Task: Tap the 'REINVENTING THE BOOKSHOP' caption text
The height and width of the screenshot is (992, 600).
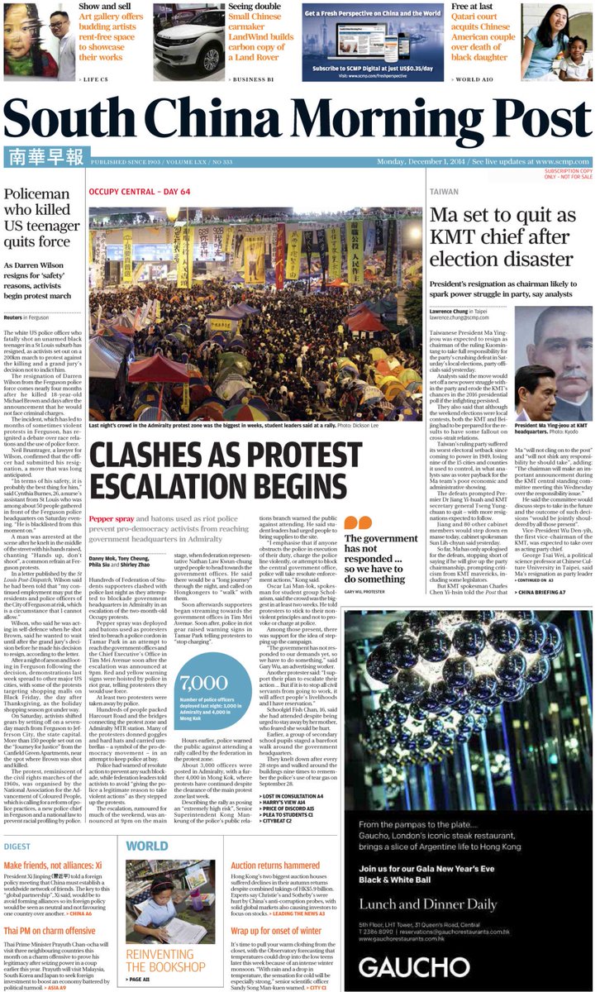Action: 165,959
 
